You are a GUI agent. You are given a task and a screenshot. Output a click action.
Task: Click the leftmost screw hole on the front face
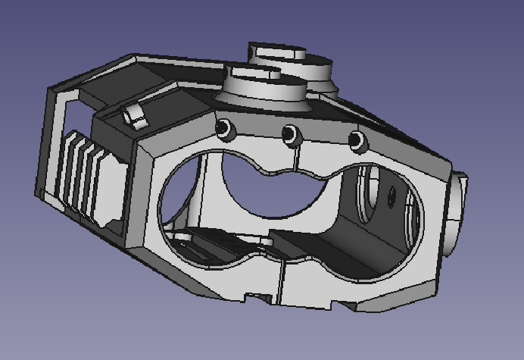tap(224, 130)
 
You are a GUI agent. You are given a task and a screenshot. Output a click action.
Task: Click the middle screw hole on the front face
tap(289, 135)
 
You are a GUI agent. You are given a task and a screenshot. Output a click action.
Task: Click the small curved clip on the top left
tap(134, 116)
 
